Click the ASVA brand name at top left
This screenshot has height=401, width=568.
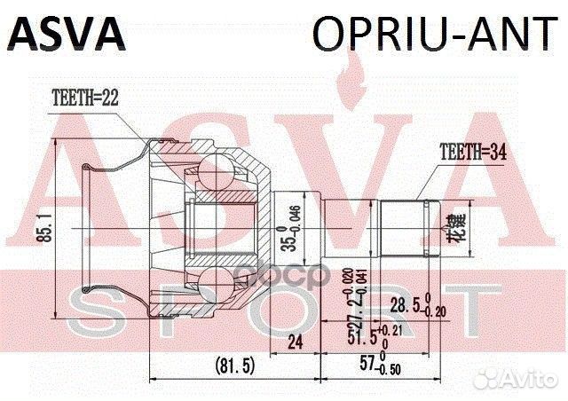(67, 33)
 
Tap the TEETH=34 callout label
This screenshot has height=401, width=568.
(470, 152)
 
